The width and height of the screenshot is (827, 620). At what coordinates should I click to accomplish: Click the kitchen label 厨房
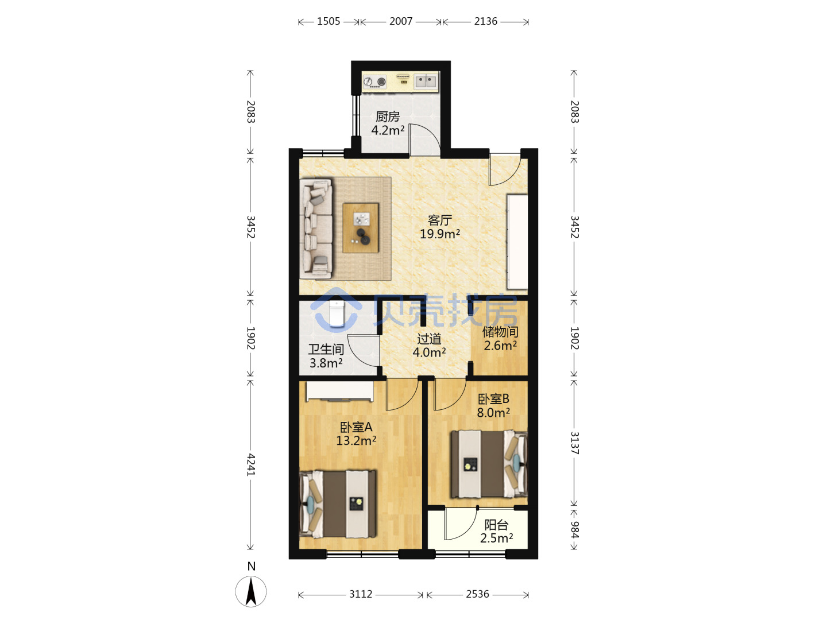coord(387,117)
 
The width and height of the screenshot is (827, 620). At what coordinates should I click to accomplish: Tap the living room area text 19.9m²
coord(440,234)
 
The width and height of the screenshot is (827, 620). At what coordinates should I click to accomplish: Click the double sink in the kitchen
coord(426,81)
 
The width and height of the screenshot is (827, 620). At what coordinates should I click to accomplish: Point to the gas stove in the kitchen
coord(374,82)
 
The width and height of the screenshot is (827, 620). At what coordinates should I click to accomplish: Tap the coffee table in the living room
coord(361,228)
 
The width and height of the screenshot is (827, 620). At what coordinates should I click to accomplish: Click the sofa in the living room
coord(316,229)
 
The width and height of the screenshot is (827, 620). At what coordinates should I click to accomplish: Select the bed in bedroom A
coord(338,503)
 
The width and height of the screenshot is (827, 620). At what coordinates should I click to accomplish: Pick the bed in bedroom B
coord(489,464)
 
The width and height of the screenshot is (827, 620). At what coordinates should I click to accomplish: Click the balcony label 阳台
coord(496,525)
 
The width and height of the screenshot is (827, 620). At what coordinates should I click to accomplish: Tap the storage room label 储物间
coord(500,332)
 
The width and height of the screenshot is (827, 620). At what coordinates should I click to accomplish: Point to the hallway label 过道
coord(429,339)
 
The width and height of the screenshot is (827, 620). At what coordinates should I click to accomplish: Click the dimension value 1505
coord(328,21)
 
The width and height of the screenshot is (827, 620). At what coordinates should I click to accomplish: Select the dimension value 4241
coord(251,465)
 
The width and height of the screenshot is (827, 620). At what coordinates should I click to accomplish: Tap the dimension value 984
coord(574,530)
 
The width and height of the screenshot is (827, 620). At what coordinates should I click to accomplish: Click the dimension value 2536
coord(477,594)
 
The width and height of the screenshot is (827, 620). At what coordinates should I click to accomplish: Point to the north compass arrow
coord(251,592)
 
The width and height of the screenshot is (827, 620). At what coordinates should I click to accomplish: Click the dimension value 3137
coord(574,443)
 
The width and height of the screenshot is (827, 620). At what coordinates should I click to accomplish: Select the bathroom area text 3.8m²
coord(326,363)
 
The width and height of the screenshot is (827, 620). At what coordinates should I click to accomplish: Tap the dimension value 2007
coord(401,21)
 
